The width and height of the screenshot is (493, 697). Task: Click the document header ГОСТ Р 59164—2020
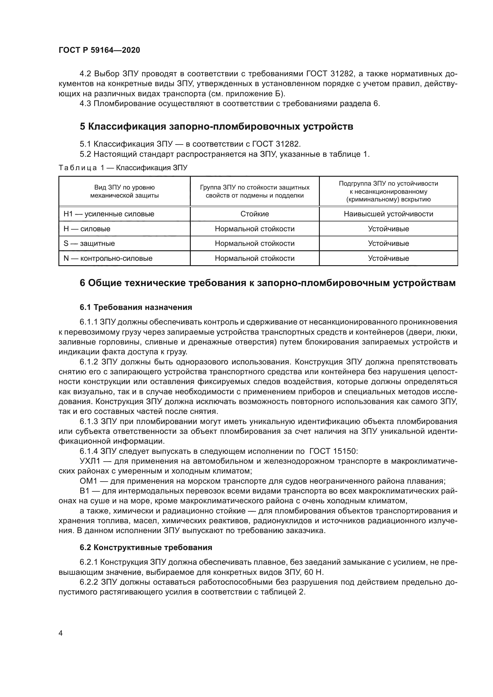(x=99, y=50)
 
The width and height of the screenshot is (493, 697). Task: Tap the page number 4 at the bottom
(x=61, y=633)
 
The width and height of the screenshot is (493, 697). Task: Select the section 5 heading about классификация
(x=216, y=127)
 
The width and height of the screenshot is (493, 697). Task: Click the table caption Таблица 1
(x=123, y=167)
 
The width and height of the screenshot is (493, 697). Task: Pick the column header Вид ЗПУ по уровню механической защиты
(x=125, y=192)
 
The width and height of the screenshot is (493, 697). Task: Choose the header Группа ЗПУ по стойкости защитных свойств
(x=255, y=192)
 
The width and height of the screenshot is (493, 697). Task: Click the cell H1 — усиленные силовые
(x=109, y=214)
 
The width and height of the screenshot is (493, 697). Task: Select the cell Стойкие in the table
(x=255, y=214)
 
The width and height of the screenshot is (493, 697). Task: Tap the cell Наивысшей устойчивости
(x=388, y=214)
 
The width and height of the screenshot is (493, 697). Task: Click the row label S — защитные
(x=89, y=243)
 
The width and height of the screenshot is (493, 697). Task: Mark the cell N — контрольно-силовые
(x=108, y=258)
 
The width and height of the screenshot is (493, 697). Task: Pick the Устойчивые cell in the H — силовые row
(x=388, y=229)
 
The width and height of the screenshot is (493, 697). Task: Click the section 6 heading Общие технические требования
(x=267, y=283)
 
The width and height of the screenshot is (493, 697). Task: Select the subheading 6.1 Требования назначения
(x=136, y=308)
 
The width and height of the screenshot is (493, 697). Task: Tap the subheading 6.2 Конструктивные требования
(x=146, y=548)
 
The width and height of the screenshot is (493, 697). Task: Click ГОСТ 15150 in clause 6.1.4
(x=334, y=451)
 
